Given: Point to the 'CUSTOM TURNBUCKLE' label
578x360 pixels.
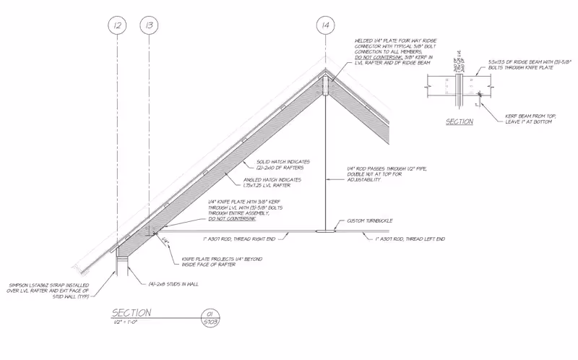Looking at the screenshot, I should point(370,220).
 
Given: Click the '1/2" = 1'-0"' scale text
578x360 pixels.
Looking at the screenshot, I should point(126,322).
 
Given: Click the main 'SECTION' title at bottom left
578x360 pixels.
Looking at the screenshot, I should point(131,313).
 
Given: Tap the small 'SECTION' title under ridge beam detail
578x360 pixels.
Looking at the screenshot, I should point(459,121).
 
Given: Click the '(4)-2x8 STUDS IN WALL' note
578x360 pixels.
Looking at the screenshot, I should point(173,283).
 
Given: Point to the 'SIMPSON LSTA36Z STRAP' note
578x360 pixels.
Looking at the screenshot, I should point(48,291).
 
